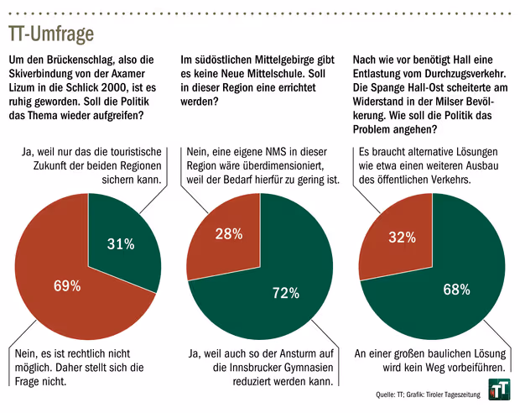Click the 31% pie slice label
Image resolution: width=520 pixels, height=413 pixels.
[x=122, y=244]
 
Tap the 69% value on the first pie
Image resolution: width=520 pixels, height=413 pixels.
[x=67, y=286]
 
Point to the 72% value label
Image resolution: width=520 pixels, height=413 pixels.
[x=285, y=293]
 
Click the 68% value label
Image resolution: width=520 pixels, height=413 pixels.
[x=456, y=290]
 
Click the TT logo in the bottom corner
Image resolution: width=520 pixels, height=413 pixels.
[x=499, y=389]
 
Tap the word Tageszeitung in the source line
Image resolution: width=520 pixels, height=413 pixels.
[x=458, y=395]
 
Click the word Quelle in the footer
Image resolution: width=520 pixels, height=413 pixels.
[x=387, y=395]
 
